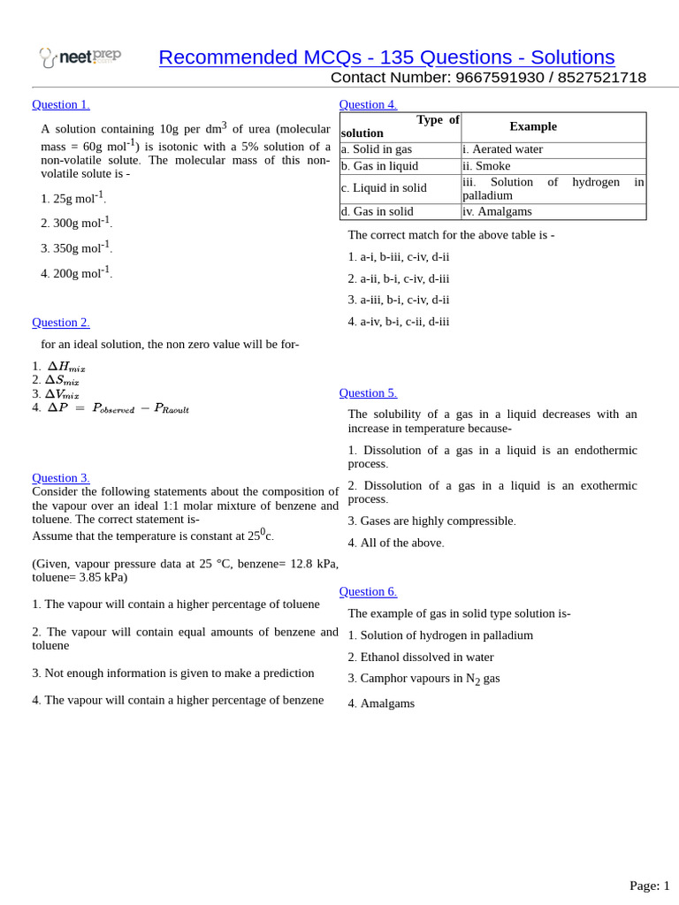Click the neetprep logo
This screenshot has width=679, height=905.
80,57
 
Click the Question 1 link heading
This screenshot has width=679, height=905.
61,104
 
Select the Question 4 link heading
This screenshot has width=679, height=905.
368,104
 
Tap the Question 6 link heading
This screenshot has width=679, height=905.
368,591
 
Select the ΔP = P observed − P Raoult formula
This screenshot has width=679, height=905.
118,407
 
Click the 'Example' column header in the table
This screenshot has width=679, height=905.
533,126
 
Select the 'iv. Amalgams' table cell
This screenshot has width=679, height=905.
497,211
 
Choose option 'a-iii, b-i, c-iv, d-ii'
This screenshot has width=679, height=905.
399,300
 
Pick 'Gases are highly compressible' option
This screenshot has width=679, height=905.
431,521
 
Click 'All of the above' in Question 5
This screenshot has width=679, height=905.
396,543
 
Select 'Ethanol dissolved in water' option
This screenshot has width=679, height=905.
421,657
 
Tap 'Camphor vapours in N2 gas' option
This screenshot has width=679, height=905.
424,679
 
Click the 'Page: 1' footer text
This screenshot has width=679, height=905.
649,886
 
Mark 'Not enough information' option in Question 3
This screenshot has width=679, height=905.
173,673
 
